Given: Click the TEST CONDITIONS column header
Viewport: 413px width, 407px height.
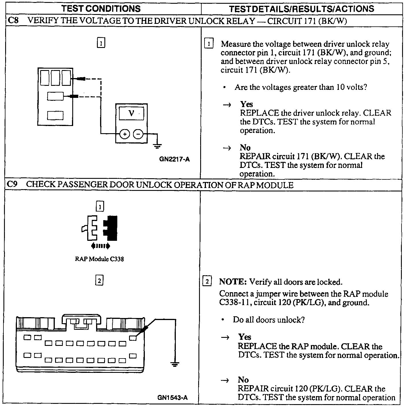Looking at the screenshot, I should pyautogui.click(x=101, y=8).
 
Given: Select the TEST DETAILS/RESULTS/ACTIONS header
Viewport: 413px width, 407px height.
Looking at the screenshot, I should pyautogui.click(x=301, y=9).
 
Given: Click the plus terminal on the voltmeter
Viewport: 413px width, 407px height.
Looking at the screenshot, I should pyautogui.click(x=124, y=134).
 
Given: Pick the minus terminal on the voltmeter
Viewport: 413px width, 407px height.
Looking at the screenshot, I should pyautogui.click(x=138, y=134).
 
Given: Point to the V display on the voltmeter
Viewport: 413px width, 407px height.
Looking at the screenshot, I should pyautogui.click(x=131, y=113).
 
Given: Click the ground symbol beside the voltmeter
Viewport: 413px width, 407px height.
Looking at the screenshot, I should pyautogui.click(x=157, y=146).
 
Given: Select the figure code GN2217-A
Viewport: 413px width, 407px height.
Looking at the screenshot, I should pyautogui.click(x=174, y=159).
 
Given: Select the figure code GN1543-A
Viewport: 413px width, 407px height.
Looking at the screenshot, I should pyautogui.click(x=173, y=398).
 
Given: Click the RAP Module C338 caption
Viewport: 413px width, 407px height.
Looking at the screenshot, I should pyautogui.click(x=99, y=259).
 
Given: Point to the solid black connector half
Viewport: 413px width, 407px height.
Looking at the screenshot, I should pyautogui.click(x=111, y=228).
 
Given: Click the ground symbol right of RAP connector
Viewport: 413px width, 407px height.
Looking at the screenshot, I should pyautogui.click(x=174, y=365).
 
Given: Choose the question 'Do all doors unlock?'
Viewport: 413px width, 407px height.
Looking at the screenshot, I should pyautogui.click(x=268, y=319).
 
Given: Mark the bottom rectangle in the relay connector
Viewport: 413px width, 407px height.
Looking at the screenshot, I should pyautogui.click(x=55, y=115).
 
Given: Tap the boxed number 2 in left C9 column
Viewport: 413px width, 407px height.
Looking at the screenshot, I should pyautogui.click(x=99, y=280).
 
